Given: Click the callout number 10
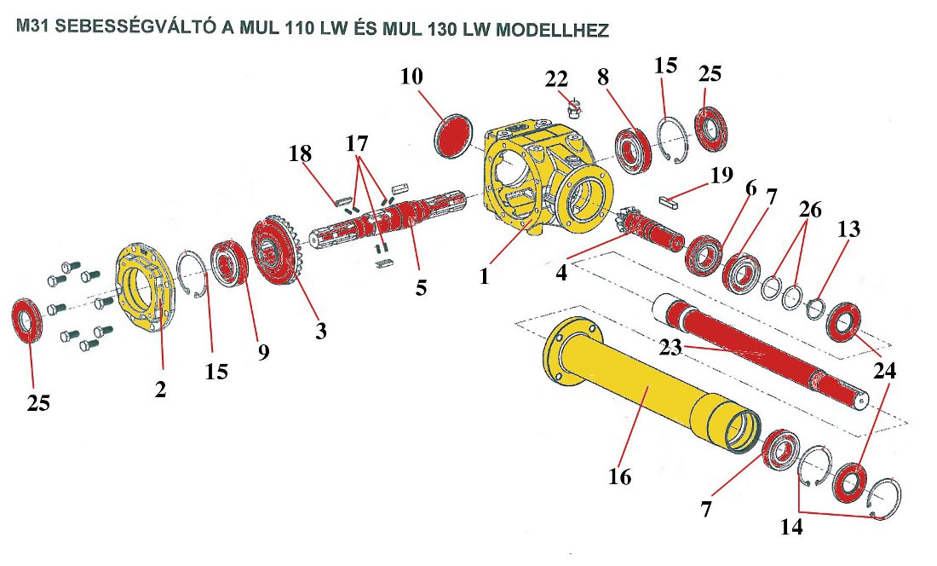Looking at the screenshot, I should [411, 76].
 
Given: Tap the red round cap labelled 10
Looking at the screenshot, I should [453, 136].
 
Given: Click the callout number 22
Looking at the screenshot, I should [556, 78].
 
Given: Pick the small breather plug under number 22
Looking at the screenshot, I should [575, 107].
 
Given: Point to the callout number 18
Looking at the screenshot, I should [299, 154].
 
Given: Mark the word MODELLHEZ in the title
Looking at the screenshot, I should [551, 31].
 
